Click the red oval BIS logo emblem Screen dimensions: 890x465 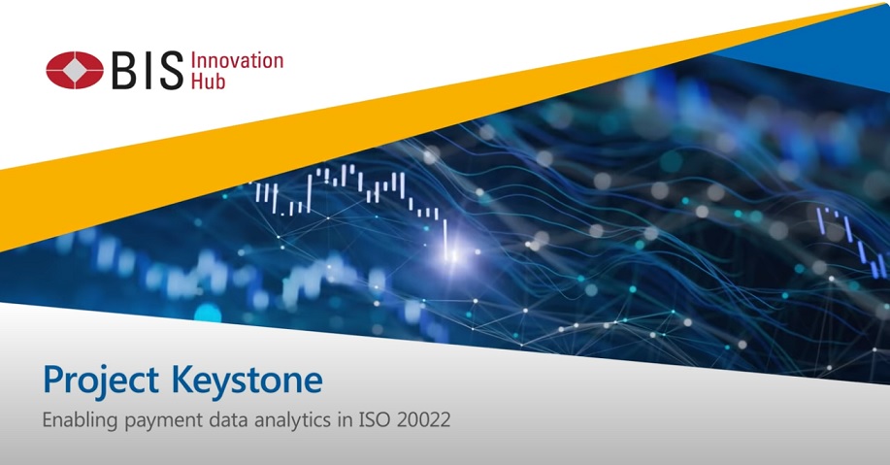[75, 71]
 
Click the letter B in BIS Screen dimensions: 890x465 [124, 71]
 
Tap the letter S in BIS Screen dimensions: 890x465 [171, 71]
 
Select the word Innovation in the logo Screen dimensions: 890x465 [237, 61]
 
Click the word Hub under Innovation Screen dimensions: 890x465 [209, 81]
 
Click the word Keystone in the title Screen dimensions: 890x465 [247, 381]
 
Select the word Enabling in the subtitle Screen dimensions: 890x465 [80, 420]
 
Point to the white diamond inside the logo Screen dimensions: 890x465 [75, 71]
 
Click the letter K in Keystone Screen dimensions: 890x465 [182, 380]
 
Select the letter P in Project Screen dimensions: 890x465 [53, 380]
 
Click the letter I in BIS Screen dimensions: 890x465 [147, 71]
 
